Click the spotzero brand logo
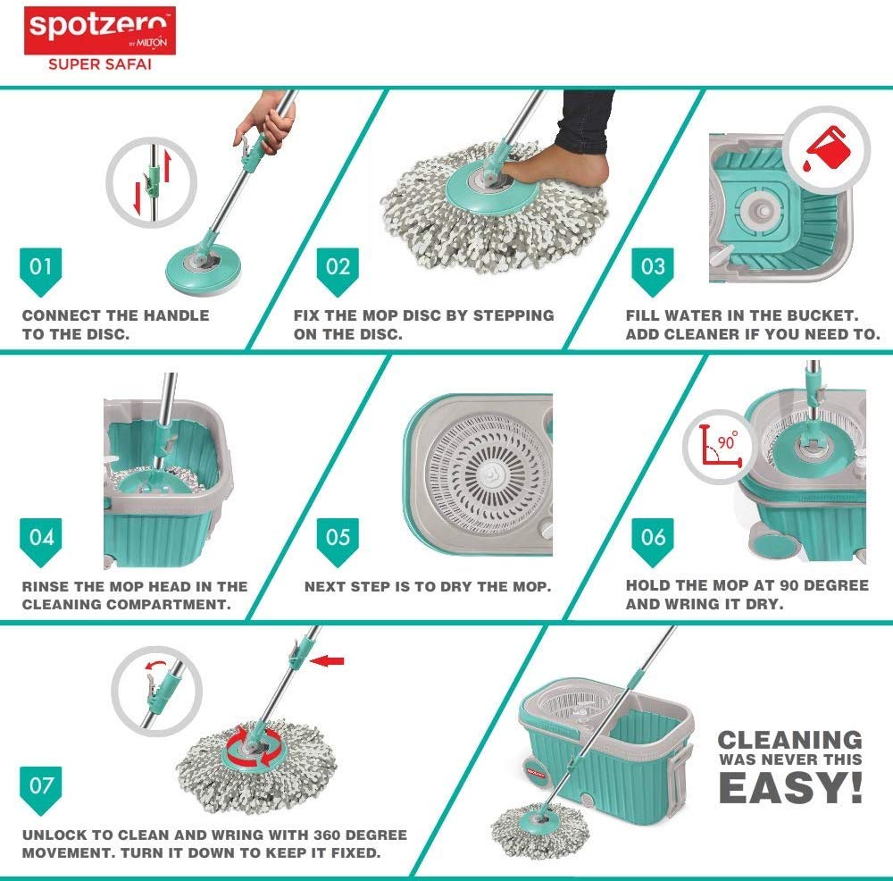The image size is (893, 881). [x=100, y=30]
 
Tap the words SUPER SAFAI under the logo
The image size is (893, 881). [x=100, y=64]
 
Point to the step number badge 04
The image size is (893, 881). [x=40, y=542]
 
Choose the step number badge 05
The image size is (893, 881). [x=338, y=542]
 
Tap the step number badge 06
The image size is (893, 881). [x=653, y=542]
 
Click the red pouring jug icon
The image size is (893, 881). [x=827, y=148]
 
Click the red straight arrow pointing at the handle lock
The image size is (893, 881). [x=327, y=661]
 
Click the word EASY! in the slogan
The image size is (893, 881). [x=790, y=788]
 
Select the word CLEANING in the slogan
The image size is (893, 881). [x=790, y=740]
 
